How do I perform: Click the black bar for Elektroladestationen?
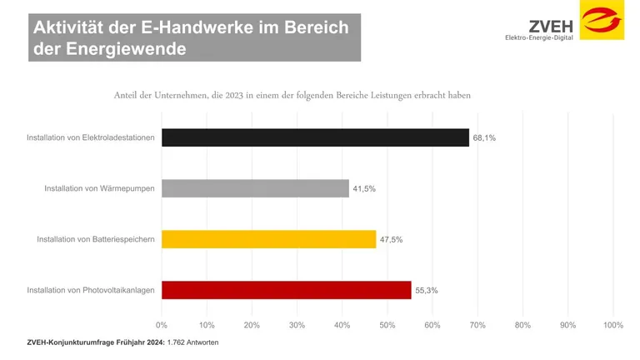coord(315,137)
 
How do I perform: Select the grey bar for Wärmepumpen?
coord(255,188)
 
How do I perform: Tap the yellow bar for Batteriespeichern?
coord(268,239)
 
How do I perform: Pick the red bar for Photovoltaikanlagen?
coord(286,290)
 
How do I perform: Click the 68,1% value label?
coord(484,137)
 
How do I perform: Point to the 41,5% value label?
coord(364,189)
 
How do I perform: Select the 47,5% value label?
coord(391,240)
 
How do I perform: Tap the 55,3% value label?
coord(426,291)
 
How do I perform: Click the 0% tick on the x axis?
coord(162,324)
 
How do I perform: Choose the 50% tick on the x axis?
coord(387,324)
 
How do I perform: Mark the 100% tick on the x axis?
coord(612,324)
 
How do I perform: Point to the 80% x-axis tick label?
coord(522,324)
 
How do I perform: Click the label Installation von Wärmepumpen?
coord(100,189)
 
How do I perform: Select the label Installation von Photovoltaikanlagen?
coord(91,291)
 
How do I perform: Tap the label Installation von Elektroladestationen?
coord(91,137)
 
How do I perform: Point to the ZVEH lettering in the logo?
coord(550,24)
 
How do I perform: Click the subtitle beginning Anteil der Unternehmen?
coord(292,95)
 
